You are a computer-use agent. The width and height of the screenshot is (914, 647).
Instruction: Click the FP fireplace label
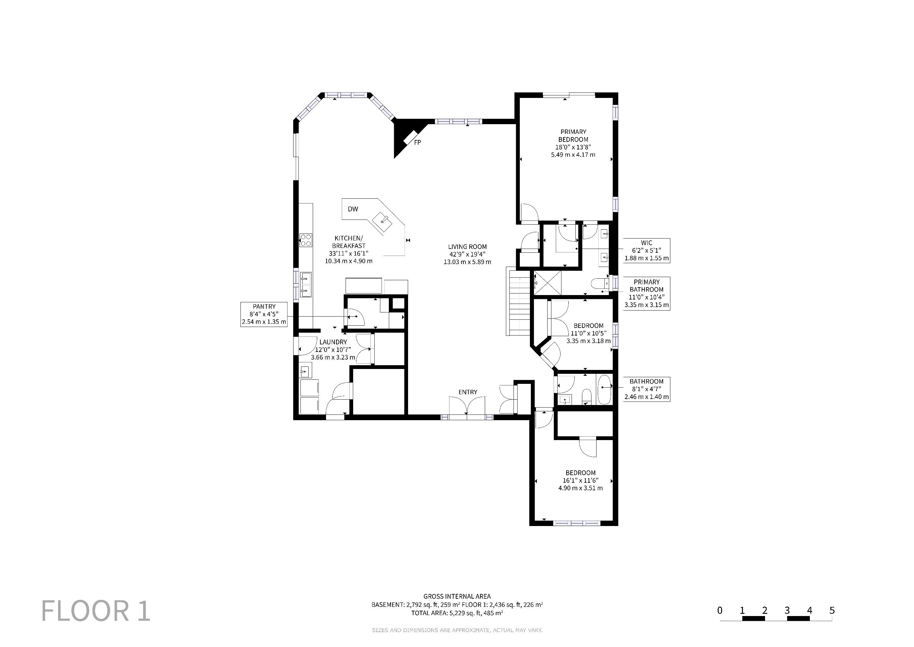click(417, 142)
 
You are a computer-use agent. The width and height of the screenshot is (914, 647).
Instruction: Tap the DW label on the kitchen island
click(353, 209)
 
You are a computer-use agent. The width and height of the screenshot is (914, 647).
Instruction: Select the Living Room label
click(467, 247)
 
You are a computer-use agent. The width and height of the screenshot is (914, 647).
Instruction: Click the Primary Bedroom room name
click(573, 136)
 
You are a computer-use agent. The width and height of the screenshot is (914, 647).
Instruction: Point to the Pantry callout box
click(264, 314)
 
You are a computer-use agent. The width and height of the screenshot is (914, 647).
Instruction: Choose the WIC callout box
click(646, 250)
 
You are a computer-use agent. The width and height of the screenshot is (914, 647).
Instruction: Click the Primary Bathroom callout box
click(646, 293)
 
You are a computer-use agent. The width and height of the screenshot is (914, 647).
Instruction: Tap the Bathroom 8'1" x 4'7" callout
click(646, 389)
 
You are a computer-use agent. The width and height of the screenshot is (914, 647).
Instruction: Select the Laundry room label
click(333, 342)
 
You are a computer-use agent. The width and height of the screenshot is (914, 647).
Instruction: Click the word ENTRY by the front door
click(468, 392)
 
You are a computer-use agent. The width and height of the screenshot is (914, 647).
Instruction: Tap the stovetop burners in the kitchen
click(305, 240)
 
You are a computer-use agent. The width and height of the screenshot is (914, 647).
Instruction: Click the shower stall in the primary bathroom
click(547, 283)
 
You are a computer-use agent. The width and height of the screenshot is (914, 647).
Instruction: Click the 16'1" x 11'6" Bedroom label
click(580, 480)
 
